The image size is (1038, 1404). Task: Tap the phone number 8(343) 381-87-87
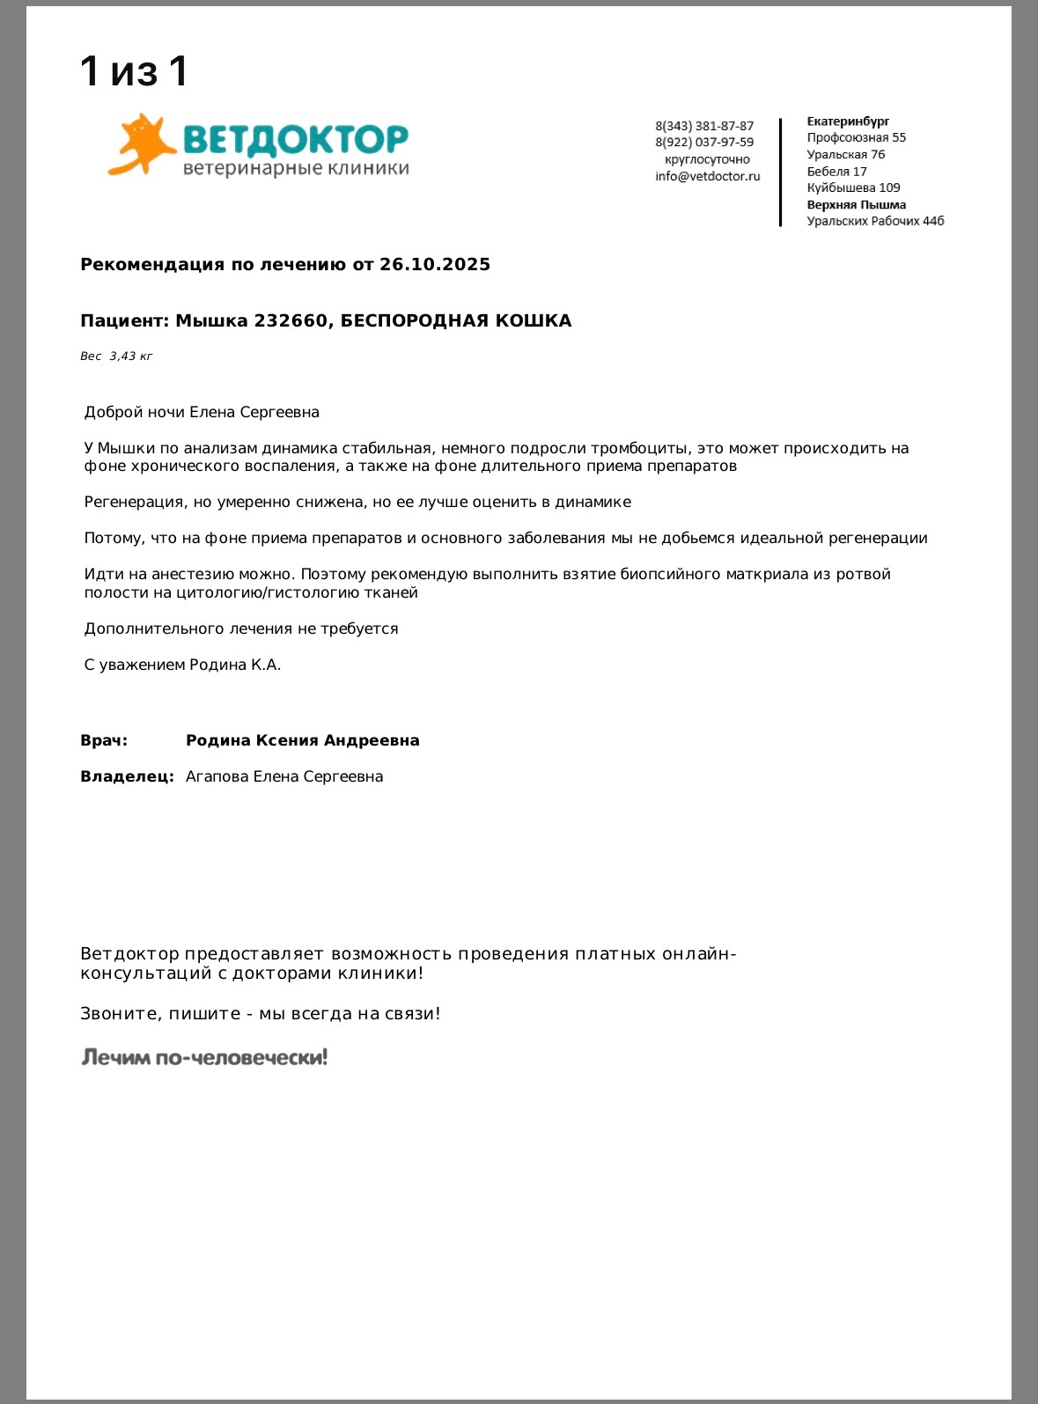(x=704, y=126)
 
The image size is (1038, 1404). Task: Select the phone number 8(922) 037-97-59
(x=704, y=142)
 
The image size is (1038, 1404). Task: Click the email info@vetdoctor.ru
(x=707, y=176)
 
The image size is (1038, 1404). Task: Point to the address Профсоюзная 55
(x=856, y=137)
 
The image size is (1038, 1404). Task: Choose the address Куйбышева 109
(x=853, y=187)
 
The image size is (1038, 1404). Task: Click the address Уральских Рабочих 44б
(x=875, y=221)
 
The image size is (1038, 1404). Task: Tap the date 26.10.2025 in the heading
(x=435, y=264)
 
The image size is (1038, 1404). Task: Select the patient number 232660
(x=291, y=320)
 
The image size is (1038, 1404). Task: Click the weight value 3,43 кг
(x=130, y=357)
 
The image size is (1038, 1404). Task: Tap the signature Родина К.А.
(x=235, y=665)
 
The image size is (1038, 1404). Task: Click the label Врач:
(x=104, y=740)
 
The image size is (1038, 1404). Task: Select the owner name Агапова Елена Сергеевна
(x=284, y=776)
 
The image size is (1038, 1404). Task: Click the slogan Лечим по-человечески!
(x=204, y=1057)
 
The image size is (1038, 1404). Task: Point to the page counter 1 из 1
(x=134, y=71)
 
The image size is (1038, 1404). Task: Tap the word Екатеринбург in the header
(x=848, y=121)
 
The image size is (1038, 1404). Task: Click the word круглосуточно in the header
(x=707, y=159)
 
